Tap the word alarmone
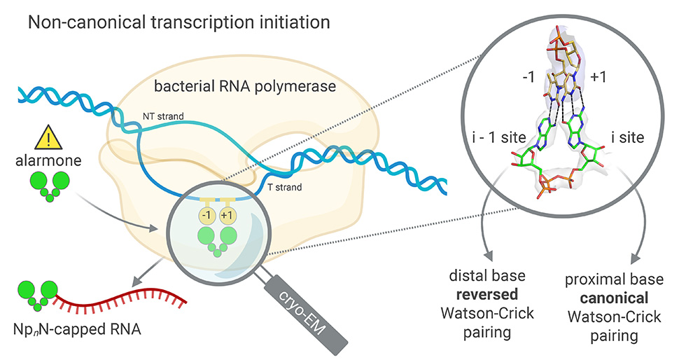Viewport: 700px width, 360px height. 48,160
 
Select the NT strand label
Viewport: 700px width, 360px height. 163,116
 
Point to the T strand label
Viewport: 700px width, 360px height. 284,187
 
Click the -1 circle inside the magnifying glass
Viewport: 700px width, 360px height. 206,215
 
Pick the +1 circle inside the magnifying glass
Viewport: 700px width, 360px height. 226,215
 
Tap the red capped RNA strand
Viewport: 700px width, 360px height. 119,300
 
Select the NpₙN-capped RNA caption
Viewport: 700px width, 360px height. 77,330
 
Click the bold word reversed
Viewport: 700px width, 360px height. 487,294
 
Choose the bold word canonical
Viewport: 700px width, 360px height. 614,298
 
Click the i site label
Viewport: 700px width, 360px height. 628,137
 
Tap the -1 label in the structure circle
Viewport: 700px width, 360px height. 528,77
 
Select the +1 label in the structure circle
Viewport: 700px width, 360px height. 598,77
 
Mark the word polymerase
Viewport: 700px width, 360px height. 295,85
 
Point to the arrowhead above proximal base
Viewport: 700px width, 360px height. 634,258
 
